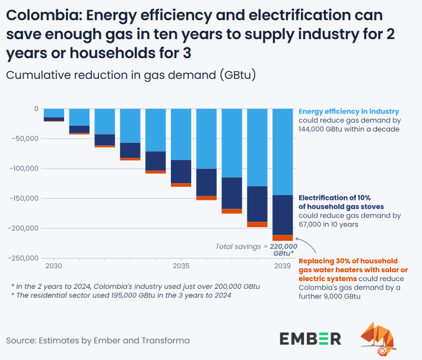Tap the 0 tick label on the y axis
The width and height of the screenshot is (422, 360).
(36, 109)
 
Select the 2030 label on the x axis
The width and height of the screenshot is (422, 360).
(54, 266)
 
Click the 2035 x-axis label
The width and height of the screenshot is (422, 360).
(181, 266)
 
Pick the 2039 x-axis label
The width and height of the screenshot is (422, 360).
(282, 266)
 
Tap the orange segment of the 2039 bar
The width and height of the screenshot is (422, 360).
(282, 238)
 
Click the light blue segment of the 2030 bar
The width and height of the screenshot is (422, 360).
(54, 113)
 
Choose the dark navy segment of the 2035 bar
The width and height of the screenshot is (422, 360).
(181, 171)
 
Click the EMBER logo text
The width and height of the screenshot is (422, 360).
(310, 339)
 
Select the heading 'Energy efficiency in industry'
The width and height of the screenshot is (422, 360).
(348, 111)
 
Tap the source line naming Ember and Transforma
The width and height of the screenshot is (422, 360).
(98, 340)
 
